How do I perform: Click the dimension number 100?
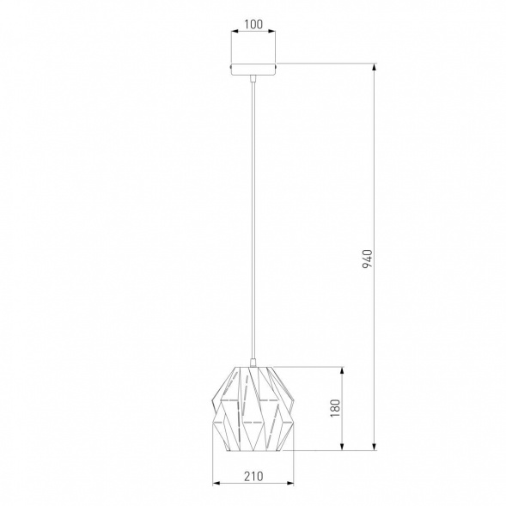point(253,25)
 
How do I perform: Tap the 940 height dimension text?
point(367,259)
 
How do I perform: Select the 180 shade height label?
point(335,408)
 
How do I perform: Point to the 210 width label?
point(253,476)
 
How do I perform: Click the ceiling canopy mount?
point(253,69)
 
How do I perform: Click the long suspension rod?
point(253,219)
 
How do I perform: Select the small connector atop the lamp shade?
point(253,363)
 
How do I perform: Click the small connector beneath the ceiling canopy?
point(253,78)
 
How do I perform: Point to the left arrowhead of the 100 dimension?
point(235,31)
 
